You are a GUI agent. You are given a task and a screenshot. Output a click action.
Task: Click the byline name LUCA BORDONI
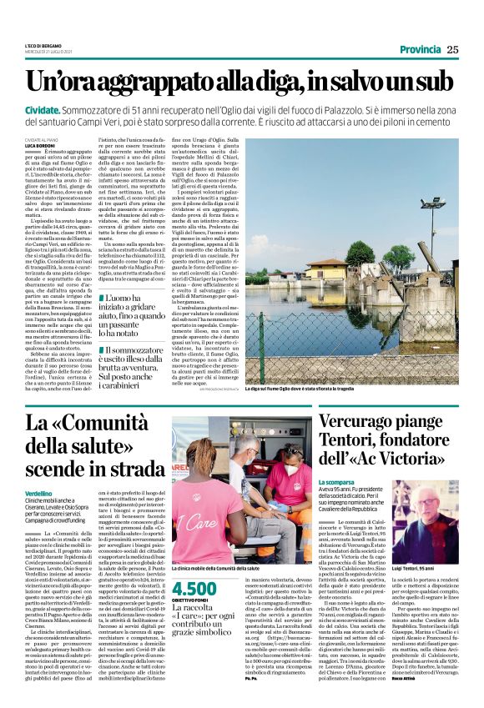pos(38,147)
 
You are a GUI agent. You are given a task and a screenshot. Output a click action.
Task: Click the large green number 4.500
pos(199,589)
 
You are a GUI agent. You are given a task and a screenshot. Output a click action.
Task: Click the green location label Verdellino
pos(39,495)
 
